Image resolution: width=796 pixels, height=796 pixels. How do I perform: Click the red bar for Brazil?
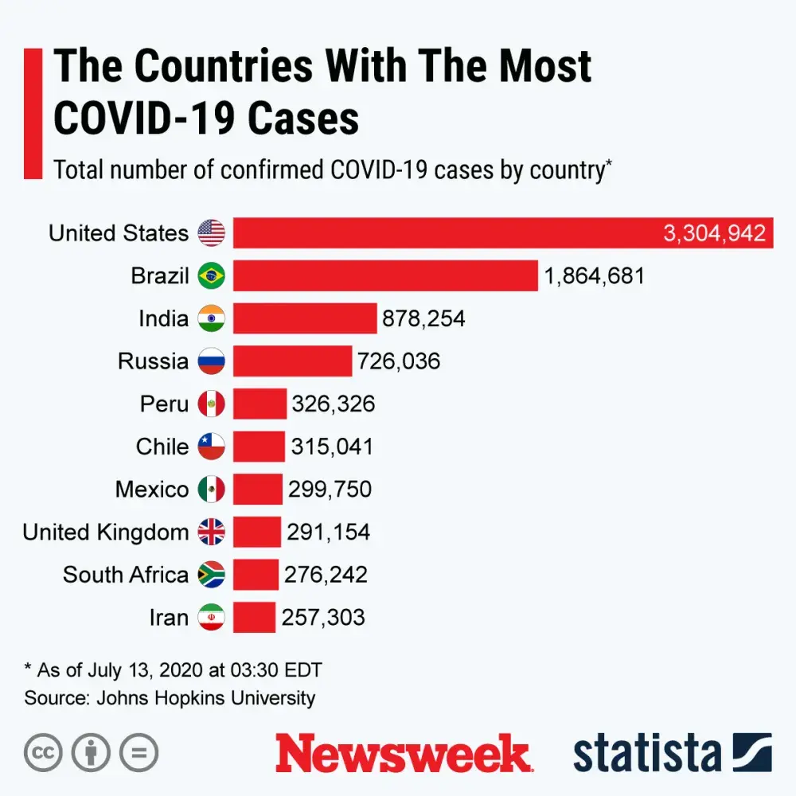385,276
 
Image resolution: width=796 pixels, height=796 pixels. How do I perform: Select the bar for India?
305,318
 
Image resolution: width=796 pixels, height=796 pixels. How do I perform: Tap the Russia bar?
292,361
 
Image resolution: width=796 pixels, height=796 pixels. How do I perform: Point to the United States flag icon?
212,233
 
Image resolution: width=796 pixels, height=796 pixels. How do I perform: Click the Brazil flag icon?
212,276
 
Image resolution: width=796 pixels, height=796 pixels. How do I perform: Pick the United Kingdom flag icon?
212,532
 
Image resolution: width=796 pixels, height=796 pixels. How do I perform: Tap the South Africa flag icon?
212,575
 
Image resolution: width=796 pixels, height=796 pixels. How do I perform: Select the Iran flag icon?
212,618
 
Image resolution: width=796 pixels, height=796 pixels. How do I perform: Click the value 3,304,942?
714,233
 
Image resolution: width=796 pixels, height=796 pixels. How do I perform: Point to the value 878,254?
423,318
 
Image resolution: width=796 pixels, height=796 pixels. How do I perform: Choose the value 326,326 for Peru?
334,404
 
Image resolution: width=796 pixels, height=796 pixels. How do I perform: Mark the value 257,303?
323,618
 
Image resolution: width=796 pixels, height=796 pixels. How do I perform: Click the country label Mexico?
152,489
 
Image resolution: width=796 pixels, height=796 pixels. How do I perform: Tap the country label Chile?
162,447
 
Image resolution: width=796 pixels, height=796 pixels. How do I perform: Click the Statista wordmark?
646,753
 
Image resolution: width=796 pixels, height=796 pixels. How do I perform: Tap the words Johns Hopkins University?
206,698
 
